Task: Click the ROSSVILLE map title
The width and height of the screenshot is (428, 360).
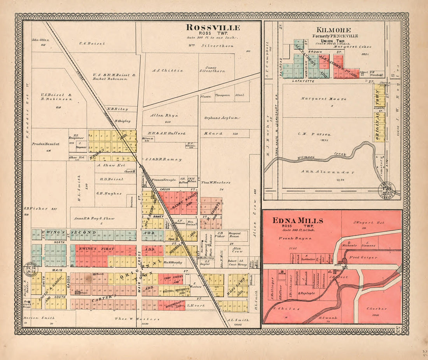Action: pyautogui.click(x=212, y=28)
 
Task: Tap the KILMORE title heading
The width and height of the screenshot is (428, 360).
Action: pyautogui.click(x=333, y=30)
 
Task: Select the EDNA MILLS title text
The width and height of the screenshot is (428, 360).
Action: pyautogui.click(x=298, y=221)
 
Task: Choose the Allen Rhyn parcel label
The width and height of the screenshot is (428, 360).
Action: pyautogui.click(x=164, y=115)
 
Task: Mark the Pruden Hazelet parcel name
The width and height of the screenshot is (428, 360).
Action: pyautogui.click(x=46, y=144)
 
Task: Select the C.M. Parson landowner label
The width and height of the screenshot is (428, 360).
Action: pyautogui.click(x=314, y=134)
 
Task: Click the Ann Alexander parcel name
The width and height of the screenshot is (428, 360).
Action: pyautogui.click(x=328, y=171)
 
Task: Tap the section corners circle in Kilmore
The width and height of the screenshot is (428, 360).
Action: pyautogui.click(x=388, y=190)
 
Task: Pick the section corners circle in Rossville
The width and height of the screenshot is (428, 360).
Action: pyautogui.click(x=31, y=269)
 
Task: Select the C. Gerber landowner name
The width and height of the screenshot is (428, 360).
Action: pyautogui.click(x=376, y=308)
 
